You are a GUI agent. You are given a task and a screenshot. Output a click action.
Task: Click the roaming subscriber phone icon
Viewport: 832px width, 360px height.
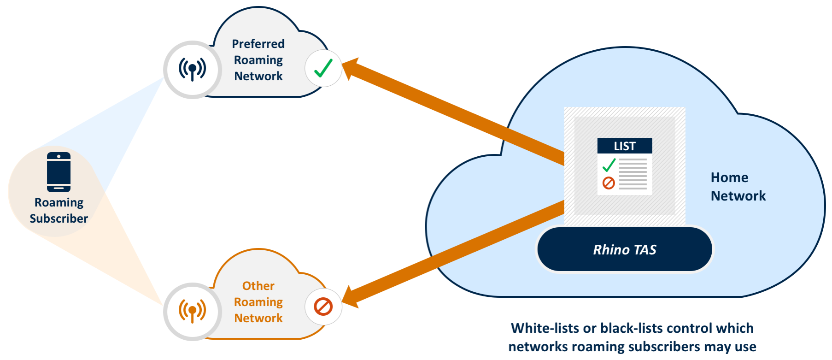(x=59, y=172)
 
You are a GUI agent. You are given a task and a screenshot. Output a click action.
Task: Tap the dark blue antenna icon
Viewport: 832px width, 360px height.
(x=193, y=70)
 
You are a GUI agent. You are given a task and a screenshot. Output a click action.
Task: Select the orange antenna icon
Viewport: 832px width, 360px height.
(x=193, y=311)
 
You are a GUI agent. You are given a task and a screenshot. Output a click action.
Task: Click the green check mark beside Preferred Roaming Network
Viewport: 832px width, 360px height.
(x=323, y=68)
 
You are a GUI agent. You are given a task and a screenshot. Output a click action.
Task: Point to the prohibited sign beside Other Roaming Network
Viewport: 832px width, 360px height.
(x=323, y=307)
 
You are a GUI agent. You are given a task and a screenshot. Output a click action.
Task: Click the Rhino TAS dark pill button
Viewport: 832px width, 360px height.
(x=624, y=249)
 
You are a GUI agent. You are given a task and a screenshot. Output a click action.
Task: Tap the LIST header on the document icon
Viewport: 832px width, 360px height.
(x=625, y=146)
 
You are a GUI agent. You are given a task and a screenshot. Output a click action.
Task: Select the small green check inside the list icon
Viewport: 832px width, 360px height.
(x=609, y=165)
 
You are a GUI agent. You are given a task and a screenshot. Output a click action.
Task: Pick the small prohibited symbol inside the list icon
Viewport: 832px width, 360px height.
(x=609, y=183)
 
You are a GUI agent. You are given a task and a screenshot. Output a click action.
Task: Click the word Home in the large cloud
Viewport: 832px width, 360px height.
(x=729, y=177)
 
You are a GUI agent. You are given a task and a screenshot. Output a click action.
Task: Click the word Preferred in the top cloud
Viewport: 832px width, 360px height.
(x=258, y=44)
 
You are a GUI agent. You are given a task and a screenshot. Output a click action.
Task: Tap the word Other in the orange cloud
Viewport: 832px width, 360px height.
(x=258, y=286)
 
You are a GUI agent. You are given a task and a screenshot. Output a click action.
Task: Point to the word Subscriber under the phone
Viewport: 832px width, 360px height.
(x=59, y=218)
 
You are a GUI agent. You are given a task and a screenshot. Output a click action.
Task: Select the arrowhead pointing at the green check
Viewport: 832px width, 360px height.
(x=352, y=69)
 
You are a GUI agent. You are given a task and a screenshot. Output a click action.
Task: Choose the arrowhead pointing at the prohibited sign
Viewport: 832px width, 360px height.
(x=351, y=297)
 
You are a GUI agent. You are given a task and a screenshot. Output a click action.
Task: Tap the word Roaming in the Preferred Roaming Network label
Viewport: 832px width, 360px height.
(x=258, y=60)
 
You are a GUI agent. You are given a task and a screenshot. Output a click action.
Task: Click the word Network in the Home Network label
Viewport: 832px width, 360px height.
(x=738, y=196)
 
